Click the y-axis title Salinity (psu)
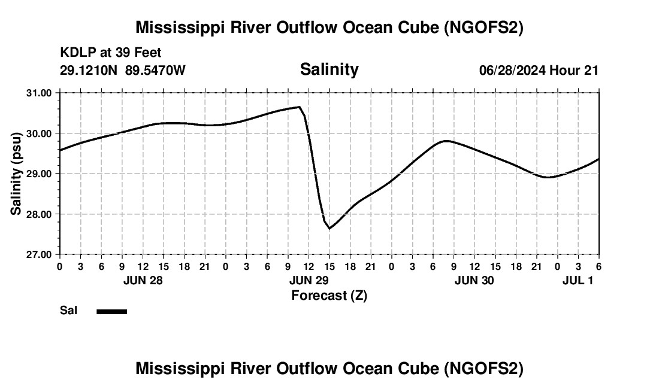click(x=16, y=173)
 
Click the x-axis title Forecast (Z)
click(x=329, y=296)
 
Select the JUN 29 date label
click(x=308, y=281)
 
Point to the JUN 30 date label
click(x=474, y=281)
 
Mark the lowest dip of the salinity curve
click(x=329, y=229)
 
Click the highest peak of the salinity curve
click(x=299, y=107)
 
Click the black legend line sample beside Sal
click(x=111, y=311)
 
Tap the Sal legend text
click(x=68, y=311)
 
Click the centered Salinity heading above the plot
click(x=329, y=69)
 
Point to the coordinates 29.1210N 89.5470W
click(x=123, y=71)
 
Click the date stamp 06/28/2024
click(x=512, y=71)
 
